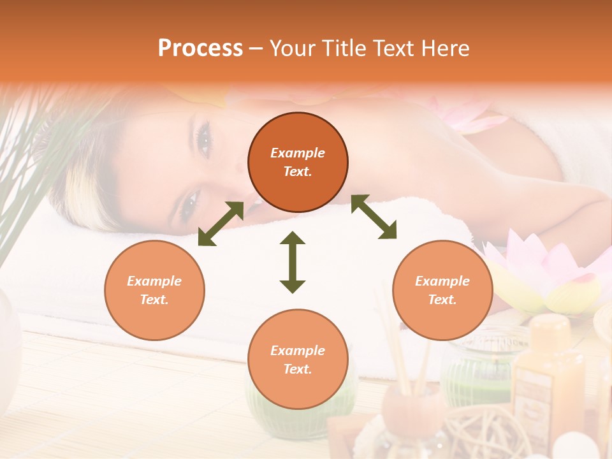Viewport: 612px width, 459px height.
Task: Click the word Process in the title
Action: (x=200, y=48)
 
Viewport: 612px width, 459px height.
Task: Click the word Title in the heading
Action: (x=342, y=48)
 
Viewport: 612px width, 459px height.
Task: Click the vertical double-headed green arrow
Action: (x=293, y=262)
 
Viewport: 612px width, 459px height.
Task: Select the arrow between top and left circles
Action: (x=221, y=224)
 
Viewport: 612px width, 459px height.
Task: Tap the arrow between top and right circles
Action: (x=374, y=217)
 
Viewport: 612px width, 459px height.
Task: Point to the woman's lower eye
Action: (x=189, y=204)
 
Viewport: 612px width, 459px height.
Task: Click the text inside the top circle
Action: (x=298, y=162)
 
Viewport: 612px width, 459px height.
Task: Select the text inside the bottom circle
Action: (x=298, y=360)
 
